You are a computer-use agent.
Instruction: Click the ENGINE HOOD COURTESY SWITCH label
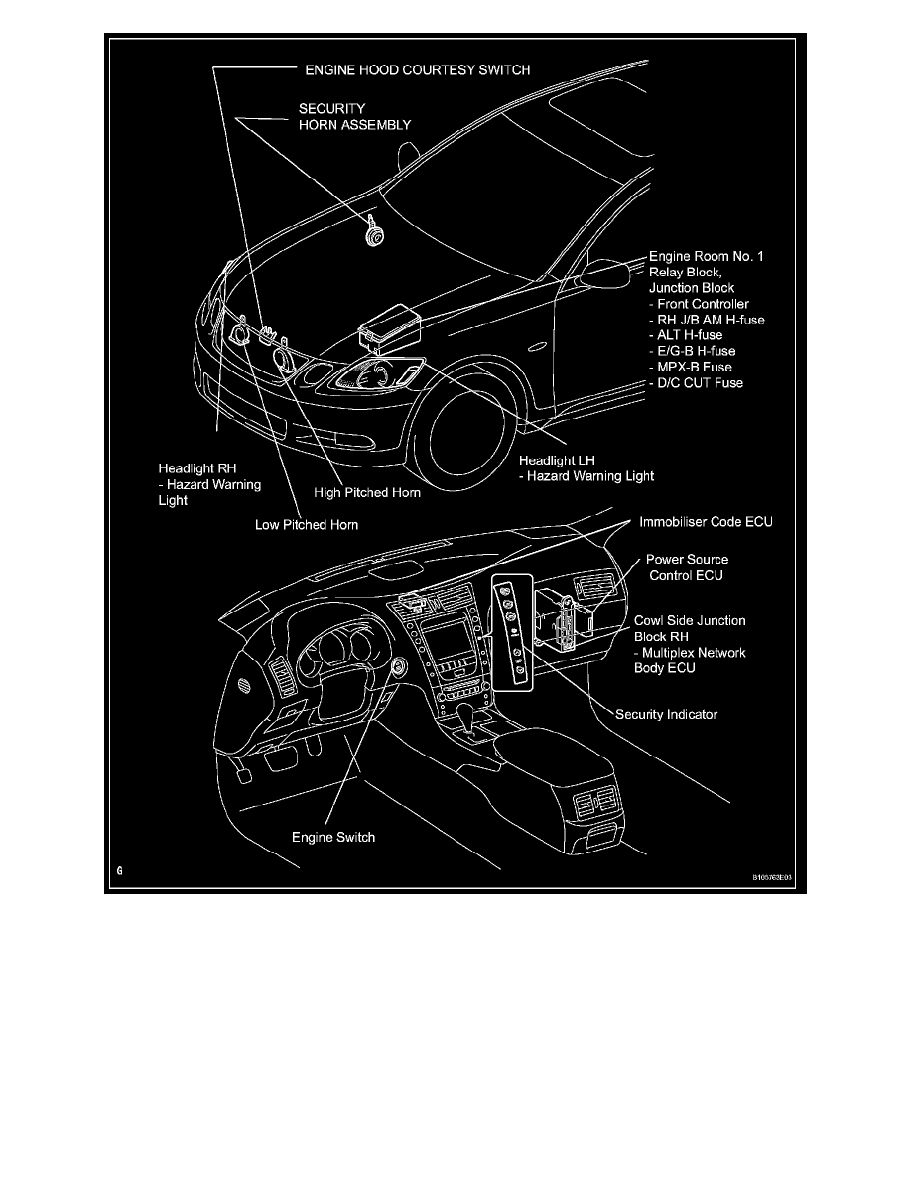click(416, 70)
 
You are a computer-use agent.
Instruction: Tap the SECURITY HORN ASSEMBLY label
click(354, 117)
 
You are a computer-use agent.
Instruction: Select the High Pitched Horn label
click(366, 492)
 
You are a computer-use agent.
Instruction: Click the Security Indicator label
click(666, 714)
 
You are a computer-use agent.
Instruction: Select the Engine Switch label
click(333, 837)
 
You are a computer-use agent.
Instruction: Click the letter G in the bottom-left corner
click(118, 870)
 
